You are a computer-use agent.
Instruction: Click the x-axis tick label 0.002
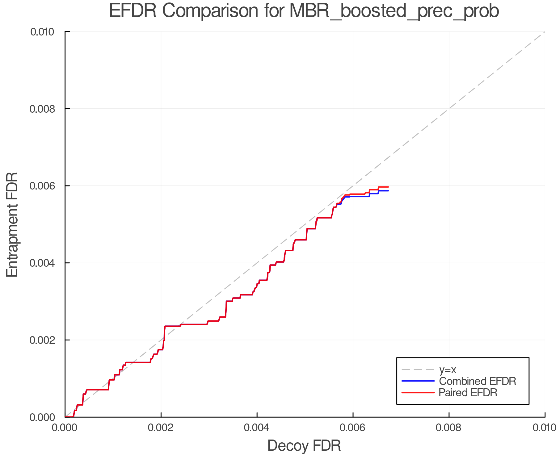coord(161,428)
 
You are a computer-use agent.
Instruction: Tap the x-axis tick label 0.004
coord(257,428)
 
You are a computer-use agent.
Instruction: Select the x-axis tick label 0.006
coord(353,428)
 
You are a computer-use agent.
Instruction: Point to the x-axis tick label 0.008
coord(449,428)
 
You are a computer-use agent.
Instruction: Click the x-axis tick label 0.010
coord(544,428)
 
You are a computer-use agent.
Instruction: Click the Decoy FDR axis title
coord(304,446)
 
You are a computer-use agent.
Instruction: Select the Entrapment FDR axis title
coord(12,224)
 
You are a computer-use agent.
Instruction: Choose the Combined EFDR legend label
coord(477,381)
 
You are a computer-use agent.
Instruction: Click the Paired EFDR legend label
coord(468,393)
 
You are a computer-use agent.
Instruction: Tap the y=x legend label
coord(448,369)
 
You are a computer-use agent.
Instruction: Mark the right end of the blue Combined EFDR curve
coord(388,191)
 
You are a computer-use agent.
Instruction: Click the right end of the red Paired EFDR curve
coord(388,187)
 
